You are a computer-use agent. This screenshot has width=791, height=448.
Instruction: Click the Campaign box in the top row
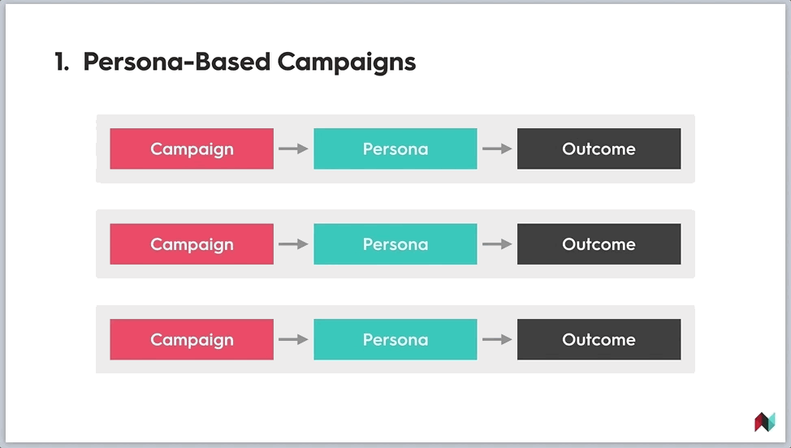pyautogui.click(x=192, y=149)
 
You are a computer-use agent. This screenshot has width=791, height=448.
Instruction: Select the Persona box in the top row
pyautogui.click(x=395, y=149)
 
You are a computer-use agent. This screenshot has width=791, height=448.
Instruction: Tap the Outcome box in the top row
pyautogui.click(x=599, y=149)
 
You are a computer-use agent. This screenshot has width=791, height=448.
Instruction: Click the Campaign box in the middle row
pyautogui.click(x=192, y=244)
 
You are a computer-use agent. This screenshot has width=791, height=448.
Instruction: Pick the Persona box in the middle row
pyautogui.click(x=395, y=244)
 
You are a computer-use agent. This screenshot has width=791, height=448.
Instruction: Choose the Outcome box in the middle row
pyautogui.click(x=599, y=244)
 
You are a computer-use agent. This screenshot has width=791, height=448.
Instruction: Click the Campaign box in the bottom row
pyautogui.click(x=192, y=339)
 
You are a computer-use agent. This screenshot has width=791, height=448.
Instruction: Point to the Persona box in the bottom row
pyautogui.click(x=395, y=339)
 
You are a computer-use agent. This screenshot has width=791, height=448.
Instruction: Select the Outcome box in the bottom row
pyautogui.click(x=599, y=339)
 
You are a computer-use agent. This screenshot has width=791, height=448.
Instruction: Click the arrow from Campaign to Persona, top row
pyautogui.click(x=294, y=149)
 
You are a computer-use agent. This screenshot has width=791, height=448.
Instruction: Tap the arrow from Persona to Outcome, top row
pyautogui.click(x=497, y=149)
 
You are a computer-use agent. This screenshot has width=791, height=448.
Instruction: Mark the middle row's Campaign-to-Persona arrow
pyautogui.click(x=294, y=244)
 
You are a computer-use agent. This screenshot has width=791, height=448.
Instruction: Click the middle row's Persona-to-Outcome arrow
pyautogui.click(x=497, y=244)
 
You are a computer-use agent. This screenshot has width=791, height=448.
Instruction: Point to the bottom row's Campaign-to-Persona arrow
pyautogui.click(x=294, y=339)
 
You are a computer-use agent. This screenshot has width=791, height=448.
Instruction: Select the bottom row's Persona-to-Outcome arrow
pyautogui.click(x=497, y=339)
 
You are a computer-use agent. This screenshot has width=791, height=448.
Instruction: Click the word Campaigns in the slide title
pyautogui.click(x=347, y=62)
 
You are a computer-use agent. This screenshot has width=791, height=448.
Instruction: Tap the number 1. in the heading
pyautogui.click(x=62, y=62)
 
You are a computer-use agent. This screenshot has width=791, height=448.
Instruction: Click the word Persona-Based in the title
pyautogui.click(x=176, y=62)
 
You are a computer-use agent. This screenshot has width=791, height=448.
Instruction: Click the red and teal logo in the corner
pyautogui.click(x=765, y=422)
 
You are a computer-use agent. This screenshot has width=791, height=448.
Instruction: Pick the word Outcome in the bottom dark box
pyautogui.click(x=599, y=340)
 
